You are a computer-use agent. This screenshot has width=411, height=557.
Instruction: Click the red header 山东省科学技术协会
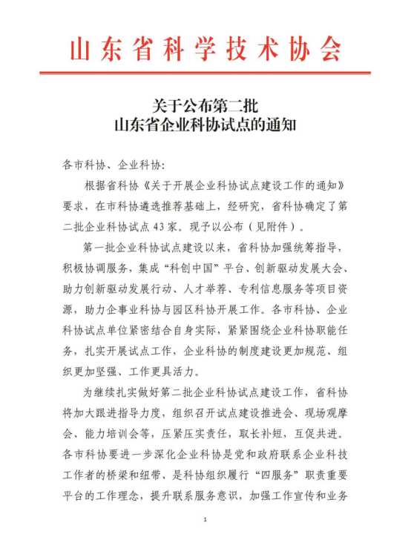[x=205, y=48]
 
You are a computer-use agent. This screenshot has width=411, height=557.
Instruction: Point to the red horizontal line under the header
[x=205, y=73]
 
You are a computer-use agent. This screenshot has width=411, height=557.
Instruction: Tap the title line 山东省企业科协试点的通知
[x=205, y=124]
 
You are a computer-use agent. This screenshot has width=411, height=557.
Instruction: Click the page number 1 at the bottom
[x=205, y=521]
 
